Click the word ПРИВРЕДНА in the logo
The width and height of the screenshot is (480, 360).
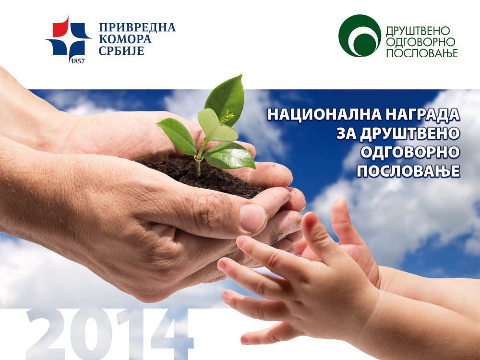pyautogui.click(x=137, y=27)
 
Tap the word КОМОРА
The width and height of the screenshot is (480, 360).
pyautogui.click(x=125, y=39)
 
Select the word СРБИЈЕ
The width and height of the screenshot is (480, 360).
pyautogui.click(x=121, y=50)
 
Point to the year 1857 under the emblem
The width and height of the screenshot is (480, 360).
pyautogui.click(x=77, y=61)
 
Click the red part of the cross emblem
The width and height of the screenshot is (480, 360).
pyautogui.click(x=60, y=27)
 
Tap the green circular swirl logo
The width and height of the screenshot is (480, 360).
pyautogui.click(x=360, y=36)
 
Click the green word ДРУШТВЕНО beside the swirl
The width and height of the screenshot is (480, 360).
pyautogui.click(x=418, y=31)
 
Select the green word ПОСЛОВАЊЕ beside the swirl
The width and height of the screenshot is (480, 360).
pyautogui.click(x=422, y=53)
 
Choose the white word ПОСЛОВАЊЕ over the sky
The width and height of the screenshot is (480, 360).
pyautogui.click(x=408, y=171)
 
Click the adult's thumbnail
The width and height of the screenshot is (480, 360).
pyautogui.click(x=253, y=218)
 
